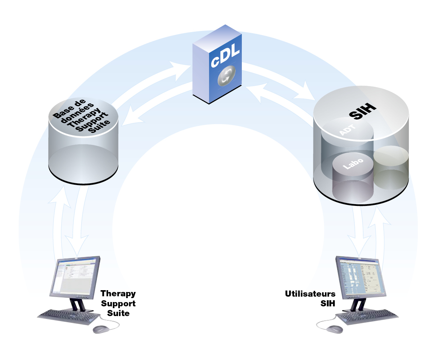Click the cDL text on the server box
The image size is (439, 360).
pos(225,56)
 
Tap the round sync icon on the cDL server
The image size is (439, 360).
pos(226,76)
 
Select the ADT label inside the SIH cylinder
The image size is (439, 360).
pos(347,130)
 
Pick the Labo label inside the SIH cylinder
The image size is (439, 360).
pos(353,164)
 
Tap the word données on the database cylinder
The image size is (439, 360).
pos(77,113)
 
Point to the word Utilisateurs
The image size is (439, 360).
pos(310,294)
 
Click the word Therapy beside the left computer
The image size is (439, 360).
pos(118,294)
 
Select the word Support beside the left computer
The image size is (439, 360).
pos(118,303)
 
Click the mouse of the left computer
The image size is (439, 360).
pos(101,329)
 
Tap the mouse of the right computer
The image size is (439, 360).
pos(335,329)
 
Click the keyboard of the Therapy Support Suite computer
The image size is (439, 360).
pos(69,317)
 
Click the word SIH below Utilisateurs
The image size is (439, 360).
pos(328,303)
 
